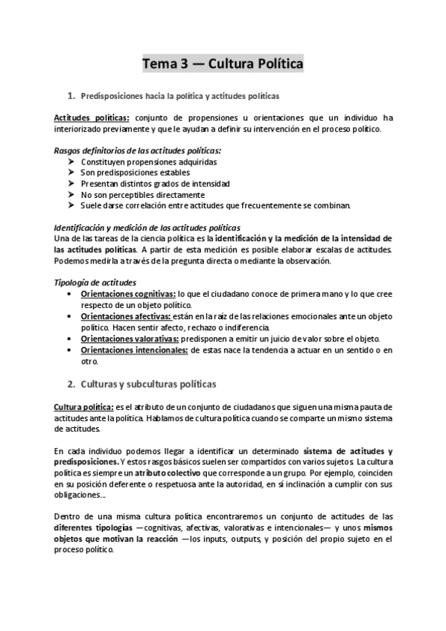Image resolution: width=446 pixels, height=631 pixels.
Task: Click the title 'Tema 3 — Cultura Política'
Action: tap(223, 64)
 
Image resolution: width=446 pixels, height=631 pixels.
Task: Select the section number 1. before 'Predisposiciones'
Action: tap(71, 96)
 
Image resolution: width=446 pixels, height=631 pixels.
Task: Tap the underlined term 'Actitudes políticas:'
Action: tap(92, 118)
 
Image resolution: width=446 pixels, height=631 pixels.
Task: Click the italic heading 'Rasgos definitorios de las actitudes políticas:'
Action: tap(138, 150)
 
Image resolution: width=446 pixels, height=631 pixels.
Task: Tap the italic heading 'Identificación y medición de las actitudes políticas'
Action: tap(147, 227)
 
